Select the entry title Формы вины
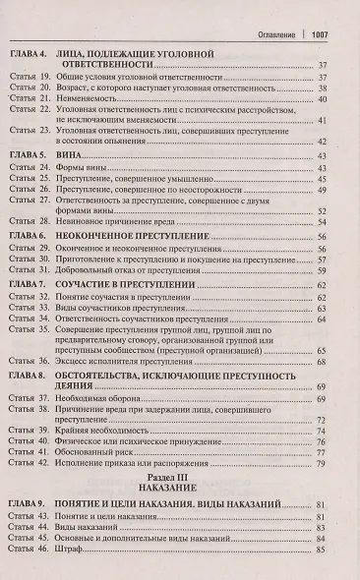tap(105, 169)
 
